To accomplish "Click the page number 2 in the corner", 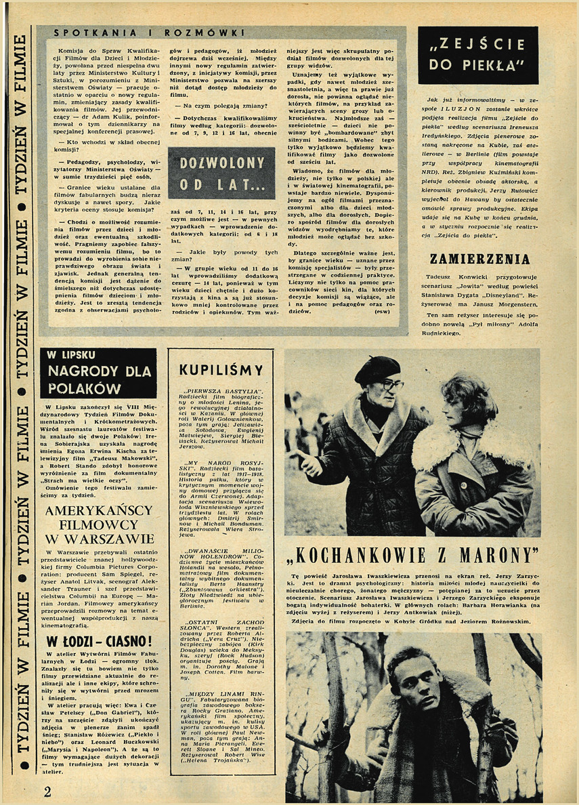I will [x=48, y=791].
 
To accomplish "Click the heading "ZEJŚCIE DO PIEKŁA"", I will [x=477, y=56].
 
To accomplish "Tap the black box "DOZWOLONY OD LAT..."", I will [x=221, y=173].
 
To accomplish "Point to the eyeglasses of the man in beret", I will [x=391, y=384].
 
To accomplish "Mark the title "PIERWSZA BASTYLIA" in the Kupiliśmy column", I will [x=214, y=391].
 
